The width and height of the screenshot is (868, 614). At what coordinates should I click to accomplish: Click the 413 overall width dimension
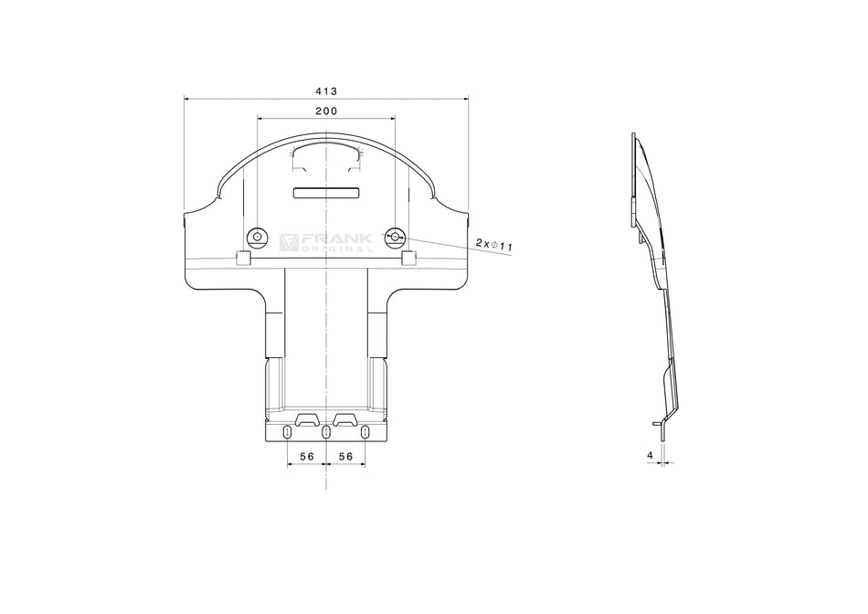[x=326, y=90]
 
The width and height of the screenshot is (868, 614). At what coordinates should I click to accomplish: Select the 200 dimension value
[x=326, y=111]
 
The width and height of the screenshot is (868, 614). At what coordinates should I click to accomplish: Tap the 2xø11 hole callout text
[x=493, y=244]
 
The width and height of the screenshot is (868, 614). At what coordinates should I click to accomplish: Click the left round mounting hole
[x=257, y=238]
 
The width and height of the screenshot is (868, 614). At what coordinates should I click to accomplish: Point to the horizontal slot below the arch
[x=326, y=192]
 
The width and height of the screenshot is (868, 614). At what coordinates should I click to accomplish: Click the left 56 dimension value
[x=306, y=455]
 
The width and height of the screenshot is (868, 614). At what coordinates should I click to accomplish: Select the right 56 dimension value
[x=346, y=455]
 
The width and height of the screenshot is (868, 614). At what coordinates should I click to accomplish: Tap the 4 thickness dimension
[x=650, y=454]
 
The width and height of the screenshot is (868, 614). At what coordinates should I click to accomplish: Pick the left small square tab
[x=243, y=259]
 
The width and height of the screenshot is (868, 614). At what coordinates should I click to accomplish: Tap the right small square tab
[x=408, y=259]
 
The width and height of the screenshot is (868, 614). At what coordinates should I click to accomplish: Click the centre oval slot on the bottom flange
[x=326, y=432]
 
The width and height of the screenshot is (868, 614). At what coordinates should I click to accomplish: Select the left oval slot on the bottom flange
[x=288, y=432]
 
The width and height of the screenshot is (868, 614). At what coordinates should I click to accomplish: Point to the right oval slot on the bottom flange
[x=365, y=432]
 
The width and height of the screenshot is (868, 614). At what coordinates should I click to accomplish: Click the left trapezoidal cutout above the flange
[x=306, y=418]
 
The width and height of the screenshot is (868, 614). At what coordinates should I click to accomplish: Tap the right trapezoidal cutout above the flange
[x=346, y=418]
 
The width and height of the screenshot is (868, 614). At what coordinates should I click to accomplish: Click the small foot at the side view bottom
[x=657, y=423]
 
